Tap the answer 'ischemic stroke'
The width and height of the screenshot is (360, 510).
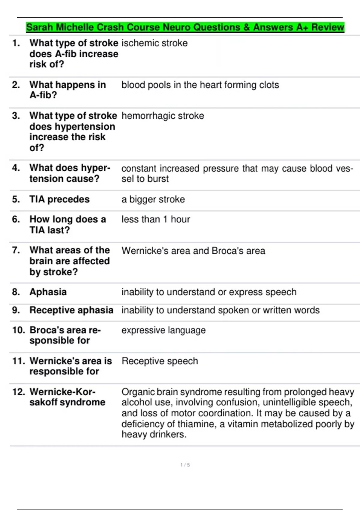tap(154, 43)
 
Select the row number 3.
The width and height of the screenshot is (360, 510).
tap(16, 116)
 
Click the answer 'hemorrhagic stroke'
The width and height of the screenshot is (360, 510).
tap(163, 116)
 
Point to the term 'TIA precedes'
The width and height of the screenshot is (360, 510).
tap(59, 199)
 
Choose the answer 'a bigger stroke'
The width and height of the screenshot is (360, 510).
tap(153, 199)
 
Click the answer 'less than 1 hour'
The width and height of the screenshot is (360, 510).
tap(156, 220)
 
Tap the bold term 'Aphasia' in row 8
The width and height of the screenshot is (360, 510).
tap(48, 292)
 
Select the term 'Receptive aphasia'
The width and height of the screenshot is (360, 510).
tap(71, 310)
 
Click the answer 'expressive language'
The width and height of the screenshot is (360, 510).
tap(163, 330)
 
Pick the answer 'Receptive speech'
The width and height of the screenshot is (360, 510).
tap(160, 361)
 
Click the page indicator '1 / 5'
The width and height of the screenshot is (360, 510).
tap(185, 465)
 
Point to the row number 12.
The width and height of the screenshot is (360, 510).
tap(18, 392)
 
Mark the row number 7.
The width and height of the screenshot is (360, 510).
tap(16, 250)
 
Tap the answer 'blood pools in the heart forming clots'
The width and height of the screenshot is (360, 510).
tap(200, 85)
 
